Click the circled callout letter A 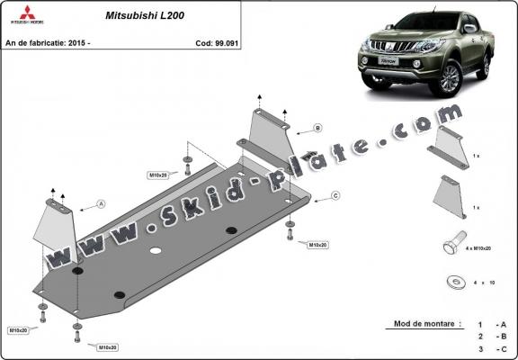pyautogui.click(x=102, y=204)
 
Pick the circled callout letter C pyautogui.click(x=334, y=195)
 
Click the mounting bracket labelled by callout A pyautogui.click(x=56, y=224)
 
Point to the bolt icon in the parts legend pyautogui.click(x=452, y=246)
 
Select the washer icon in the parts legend pyautogui.click(x=453, y=281)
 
